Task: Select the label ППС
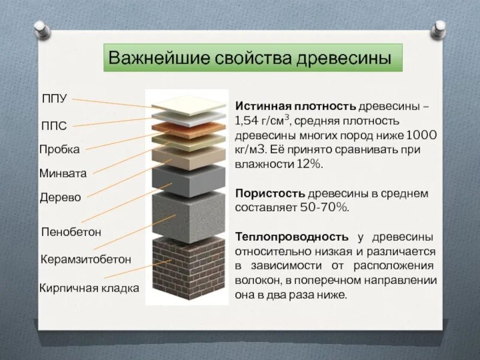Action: coord(53,125)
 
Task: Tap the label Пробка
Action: coord(59,149)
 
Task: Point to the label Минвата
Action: coord(63,173)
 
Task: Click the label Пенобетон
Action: coord(71,231)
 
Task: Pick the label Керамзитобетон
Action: coord(85,259)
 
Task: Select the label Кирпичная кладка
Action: coord(89,288)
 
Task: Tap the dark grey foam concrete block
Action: coord(189,180)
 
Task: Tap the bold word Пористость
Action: coord(270,194)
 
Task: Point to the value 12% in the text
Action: coord(310,164)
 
